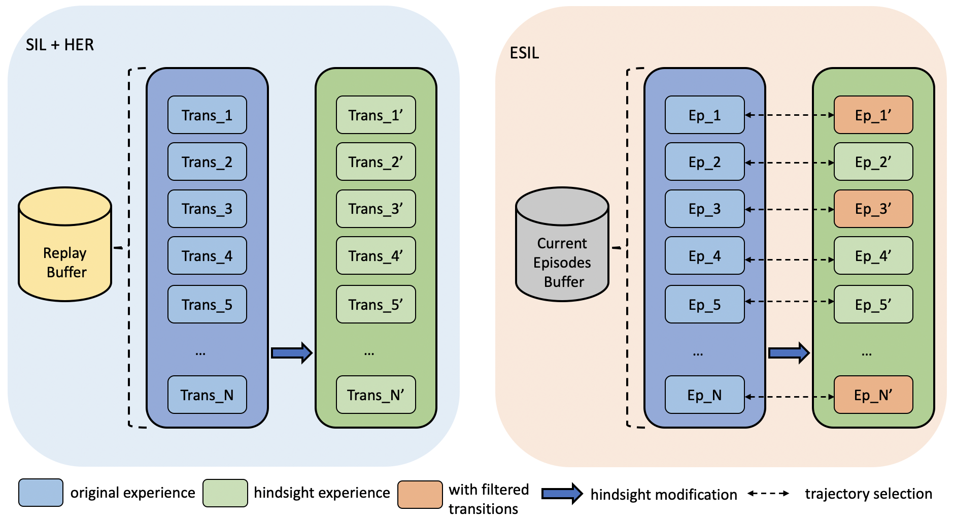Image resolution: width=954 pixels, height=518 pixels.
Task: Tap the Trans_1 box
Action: click(207, 115)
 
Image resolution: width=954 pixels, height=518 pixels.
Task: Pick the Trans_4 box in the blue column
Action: click(207, 256)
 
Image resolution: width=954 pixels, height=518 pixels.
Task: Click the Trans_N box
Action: click(207, 395)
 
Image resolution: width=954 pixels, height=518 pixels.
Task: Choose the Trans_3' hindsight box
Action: click(376, 209)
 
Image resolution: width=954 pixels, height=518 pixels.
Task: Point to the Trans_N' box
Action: click(376, 395)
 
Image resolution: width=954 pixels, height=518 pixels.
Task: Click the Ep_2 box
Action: click(704, 162)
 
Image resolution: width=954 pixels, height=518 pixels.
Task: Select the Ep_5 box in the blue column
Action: click(704, 305)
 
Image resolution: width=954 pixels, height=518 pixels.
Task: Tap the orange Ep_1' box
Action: click(873, 115)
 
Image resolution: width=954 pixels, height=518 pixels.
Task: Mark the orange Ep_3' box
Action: click(873, 209)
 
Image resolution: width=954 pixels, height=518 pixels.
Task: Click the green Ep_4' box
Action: click(873, 256)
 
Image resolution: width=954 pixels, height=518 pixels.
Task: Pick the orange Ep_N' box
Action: click(873, 395)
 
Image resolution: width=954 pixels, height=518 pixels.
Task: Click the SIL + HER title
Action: click(60, 45)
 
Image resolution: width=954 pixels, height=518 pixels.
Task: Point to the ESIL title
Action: click(524, 53)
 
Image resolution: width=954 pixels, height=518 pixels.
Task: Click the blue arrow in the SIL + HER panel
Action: click(291, 353)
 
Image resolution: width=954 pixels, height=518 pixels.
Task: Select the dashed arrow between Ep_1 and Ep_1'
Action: click(789, 115)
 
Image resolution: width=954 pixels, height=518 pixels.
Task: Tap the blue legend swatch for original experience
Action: click(41, 493)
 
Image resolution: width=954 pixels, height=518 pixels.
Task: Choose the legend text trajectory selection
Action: click(868, 494)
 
